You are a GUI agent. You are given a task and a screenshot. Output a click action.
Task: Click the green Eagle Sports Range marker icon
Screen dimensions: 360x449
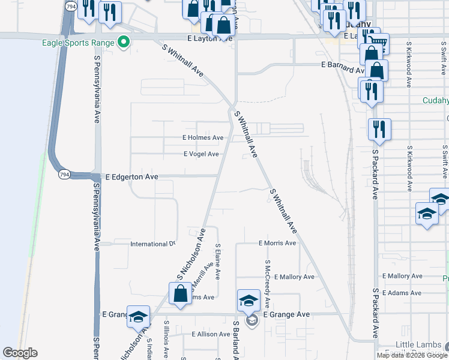click(x=124, y=42)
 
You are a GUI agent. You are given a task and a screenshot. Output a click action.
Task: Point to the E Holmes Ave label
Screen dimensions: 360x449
click(x=203, y=138)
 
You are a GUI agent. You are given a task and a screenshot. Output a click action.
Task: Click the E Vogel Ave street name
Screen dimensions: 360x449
click(x=201, y=154)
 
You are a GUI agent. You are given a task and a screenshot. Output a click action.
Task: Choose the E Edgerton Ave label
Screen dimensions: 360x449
click(x=131, y=177)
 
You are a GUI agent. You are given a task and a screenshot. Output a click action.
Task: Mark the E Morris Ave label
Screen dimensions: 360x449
click(x=277, y=243)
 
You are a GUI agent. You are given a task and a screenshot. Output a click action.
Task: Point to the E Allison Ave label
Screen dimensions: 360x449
click(x=210, y=334)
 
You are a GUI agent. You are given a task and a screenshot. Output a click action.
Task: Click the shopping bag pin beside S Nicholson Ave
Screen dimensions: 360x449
click(x=180, y=295)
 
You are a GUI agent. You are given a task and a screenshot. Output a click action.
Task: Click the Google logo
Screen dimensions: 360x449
click(x=20, y=353)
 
